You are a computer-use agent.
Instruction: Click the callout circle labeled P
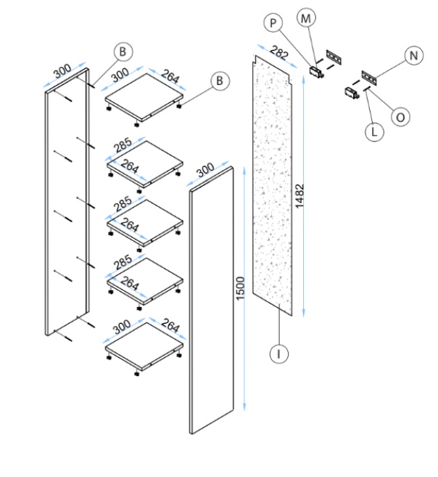coord(273,23)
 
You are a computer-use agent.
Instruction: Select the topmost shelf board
coord(144,93)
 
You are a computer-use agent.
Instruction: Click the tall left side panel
coord(67,203)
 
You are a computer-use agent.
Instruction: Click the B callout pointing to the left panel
coord(124,52)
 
